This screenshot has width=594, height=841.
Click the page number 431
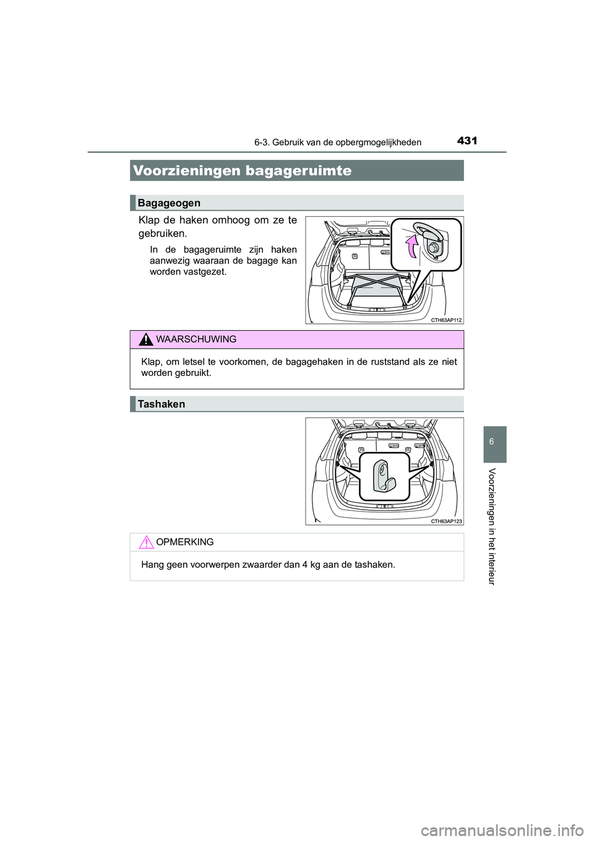[x=467, y=141]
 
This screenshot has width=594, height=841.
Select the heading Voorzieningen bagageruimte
[x=242, y=171]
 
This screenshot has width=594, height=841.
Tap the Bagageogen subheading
[x=169, y=203]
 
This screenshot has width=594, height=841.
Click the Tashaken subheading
[x=161, y=404]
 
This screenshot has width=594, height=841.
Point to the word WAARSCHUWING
[x=196, y=339]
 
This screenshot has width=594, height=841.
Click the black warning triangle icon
[x=145, y=339]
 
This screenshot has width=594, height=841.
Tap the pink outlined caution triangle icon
[x=145, y=543]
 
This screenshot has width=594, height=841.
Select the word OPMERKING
[x=185, y=543]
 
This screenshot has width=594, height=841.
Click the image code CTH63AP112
[x=446, y=320]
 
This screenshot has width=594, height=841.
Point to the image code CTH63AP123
[x=446, y=521]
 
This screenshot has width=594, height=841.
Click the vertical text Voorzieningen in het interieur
[x=492, y=526]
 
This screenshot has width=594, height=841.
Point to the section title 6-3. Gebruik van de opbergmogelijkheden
[x=338, y=142]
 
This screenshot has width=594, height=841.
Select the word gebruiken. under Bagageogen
[x=163, y=234]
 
